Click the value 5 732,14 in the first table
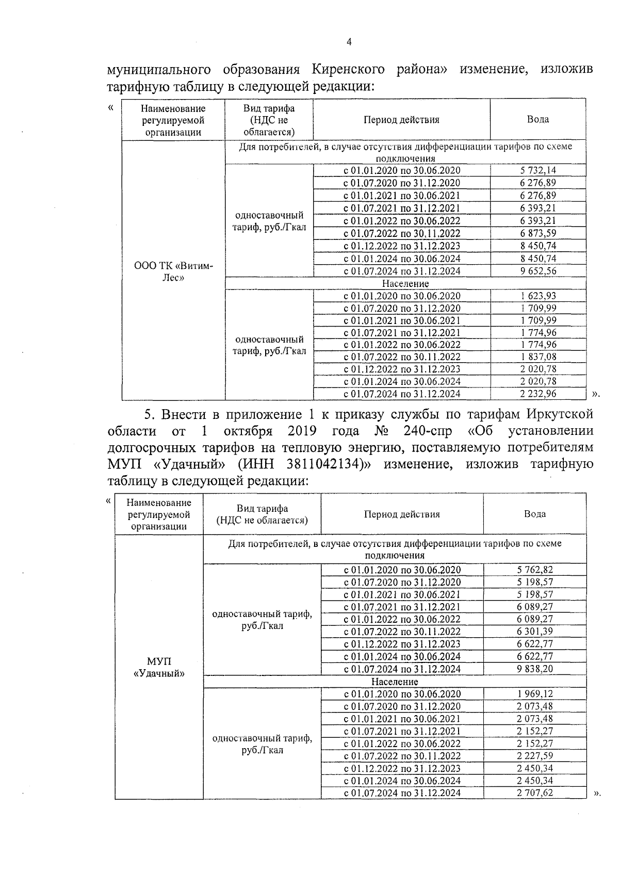537,170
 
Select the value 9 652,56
537,271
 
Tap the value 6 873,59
537,233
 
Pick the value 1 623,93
537,296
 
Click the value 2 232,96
537,394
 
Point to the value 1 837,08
537,357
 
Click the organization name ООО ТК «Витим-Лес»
173,271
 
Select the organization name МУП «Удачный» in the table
159,667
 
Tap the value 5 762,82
535,570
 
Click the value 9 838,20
535,669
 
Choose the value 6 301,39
535,632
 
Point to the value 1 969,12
535,694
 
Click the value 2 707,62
535,792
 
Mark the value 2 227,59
535,756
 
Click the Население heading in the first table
405,283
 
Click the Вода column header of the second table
535,514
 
